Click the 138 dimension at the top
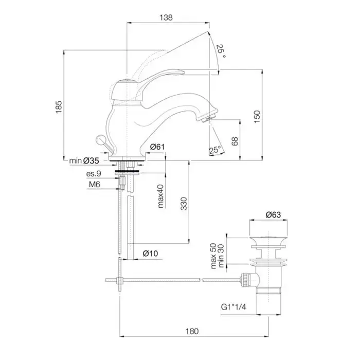(x=166, y=17)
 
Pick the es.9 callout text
(x=94, y=175)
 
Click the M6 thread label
(x=93, y=184)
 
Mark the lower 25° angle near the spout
(x=215, y=150)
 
